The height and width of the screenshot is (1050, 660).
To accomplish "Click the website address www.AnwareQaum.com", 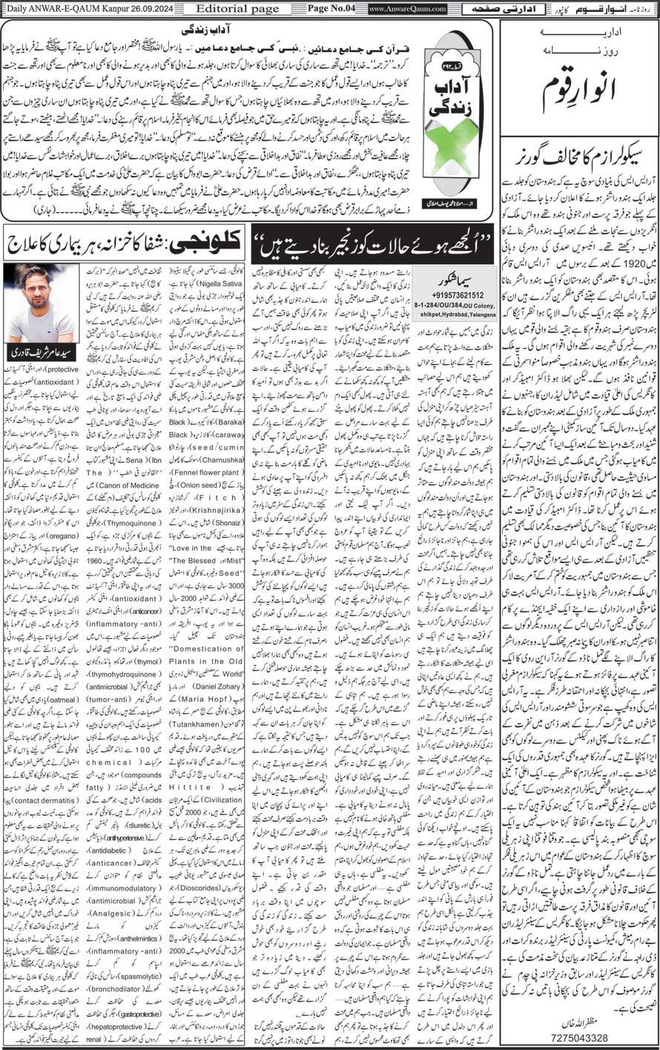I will pos(401,9).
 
